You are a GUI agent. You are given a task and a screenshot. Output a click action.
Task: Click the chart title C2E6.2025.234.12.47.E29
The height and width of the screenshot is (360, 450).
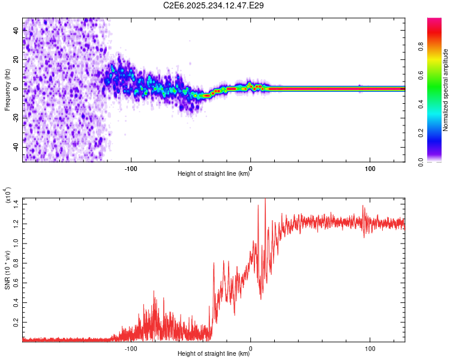(213, 5)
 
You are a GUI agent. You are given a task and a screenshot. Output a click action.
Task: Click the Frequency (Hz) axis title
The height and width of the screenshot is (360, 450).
(7, 90)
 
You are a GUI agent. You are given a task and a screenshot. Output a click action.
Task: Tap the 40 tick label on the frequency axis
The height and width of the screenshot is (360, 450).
(16, 31)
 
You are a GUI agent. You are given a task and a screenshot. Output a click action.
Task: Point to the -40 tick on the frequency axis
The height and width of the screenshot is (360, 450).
(16, 148)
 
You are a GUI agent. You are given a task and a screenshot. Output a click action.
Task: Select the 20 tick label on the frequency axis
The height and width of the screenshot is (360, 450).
(16, 60)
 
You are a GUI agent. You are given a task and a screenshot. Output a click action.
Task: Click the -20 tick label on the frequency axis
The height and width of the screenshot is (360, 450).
(16, 118)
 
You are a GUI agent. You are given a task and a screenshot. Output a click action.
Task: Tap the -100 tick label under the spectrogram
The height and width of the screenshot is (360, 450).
(131, 169)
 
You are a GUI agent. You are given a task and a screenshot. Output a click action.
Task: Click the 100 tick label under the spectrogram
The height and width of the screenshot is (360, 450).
(370, 169)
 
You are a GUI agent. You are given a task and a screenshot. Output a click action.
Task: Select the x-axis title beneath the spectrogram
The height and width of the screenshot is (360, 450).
(214, 173)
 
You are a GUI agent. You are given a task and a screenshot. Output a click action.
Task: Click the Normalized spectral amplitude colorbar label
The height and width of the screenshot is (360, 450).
(445, 90)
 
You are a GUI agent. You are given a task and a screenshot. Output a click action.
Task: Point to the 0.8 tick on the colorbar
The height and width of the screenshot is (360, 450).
(421, 47)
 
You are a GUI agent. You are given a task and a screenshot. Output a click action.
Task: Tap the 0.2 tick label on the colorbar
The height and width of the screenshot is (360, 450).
(421, 133)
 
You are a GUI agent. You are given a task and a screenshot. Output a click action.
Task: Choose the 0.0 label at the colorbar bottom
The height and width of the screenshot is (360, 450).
(421, 162)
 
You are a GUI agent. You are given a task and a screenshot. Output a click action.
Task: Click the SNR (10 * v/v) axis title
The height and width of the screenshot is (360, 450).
(7, 270)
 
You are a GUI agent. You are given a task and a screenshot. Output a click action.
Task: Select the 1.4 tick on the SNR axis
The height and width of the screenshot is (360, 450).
(16, 204)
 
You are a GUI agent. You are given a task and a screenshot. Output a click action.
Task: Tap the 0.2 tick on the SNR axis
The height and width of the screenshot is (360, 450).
(16, 322)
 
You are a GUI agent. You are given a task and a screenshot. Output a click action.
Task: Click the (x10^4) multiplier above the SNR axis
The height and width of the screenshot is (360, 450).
(7, 195)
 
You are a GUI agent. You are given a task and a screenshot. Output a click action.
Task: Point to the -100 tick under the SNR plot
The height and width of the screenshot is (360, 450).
(131, 349)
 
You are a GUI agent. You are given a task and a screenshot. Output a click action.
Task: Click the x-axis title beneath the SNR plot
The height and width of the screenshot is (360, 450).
(214, 353)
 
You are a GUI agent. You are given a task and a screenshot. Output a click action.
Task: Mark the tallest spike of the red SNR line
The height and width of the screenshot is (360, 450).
(265, 199)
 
